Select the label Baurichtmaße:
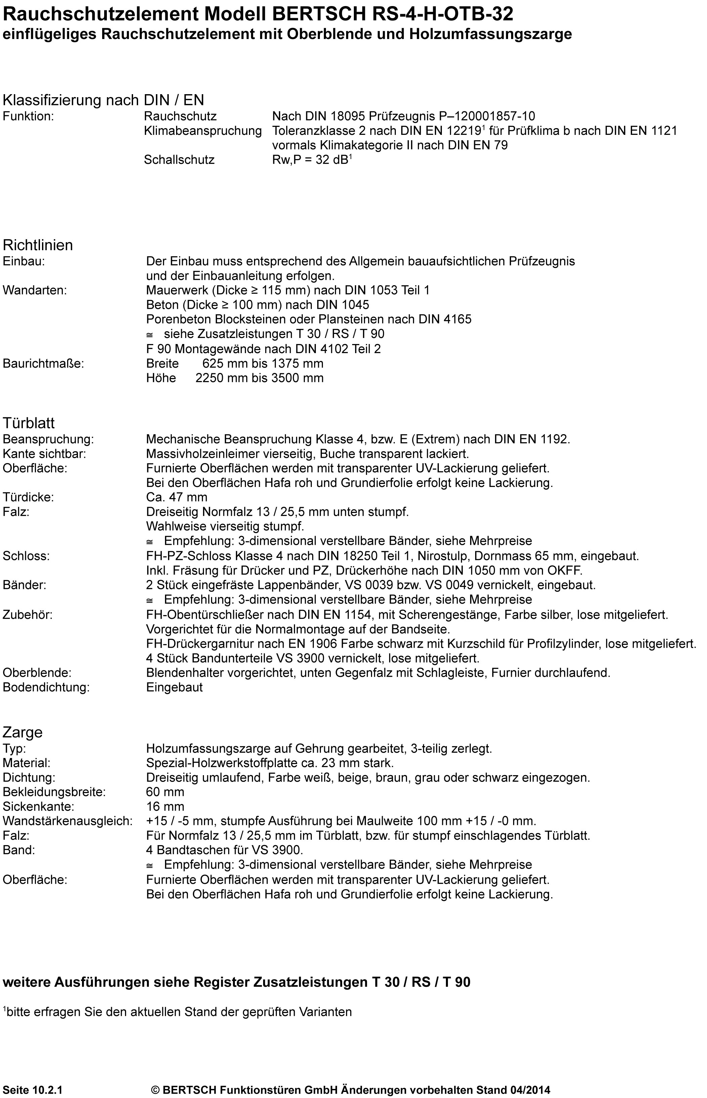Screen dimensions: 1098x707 coord(44,364)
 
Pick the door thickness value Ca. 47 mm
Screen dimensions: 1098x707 coord(177,497)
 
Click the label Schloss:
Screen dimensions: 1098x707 coord(26,556)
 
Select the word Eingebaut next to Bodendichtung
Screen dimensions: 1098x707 coord(174,687)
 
